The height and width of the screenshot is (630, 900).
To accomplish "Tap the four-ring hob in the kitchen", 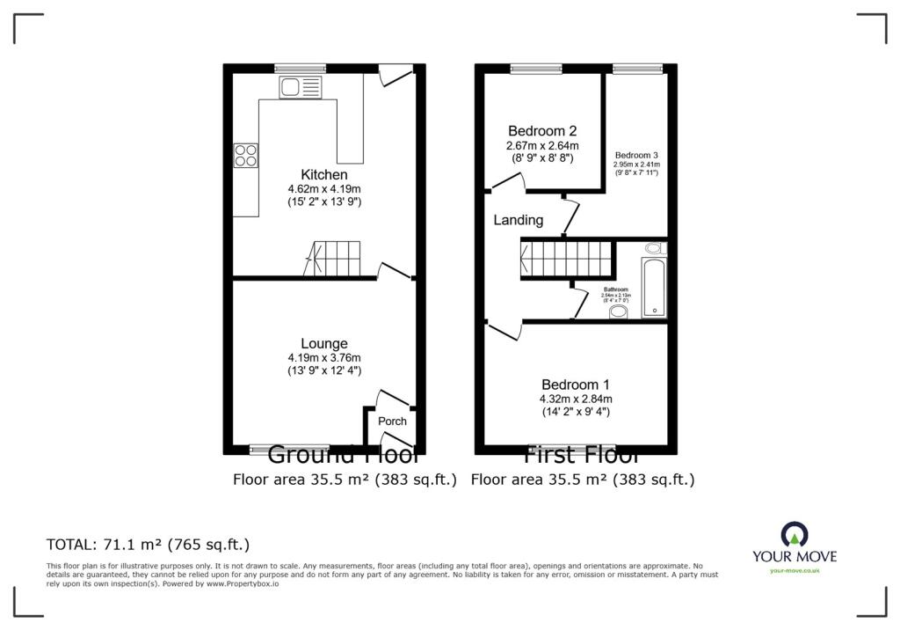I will (246, 156).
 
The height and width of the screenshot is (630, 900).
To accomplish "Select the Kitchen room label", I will (323, 175).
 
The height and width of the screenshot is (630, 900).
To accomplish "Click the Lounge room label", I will (323, 343).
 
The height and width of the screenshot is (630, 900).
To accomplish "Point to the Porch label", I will (392, 421).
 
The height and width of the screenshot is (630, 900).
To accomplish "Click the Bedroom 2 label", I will (541, 131).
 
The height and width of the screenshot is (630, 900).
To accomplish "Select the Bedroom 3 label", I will (636, 155).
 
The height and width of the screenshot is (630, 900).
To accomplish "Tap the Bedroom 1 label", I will (576, 385).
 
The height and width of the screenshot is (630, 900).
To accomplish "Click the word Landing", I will (518, 220).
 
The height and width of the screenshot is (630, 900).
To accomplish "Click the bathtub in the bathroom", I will (653, 287).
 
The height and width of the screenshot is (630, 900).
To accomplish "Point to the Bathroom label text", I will (615, 289).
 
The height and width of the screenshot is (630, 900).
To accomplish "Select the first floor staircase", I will (565, 260).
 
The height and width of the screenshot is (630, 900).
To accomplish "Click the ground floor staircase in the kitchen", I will (334, 258).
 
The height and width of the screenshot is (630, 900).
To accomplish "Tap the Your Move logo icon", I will (794, 534).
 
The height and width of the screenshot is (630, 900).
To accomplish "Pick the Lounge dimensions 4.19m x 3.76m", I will (324, 357).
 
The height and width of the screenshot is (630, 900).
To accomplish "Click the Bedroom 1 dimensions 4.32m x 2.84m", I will (576, 399).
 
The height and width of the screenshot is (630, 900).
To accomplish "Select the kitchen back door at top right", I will (395, 77).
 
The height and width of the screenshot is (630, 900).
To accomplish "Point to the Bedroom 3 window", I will (637, 68).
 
